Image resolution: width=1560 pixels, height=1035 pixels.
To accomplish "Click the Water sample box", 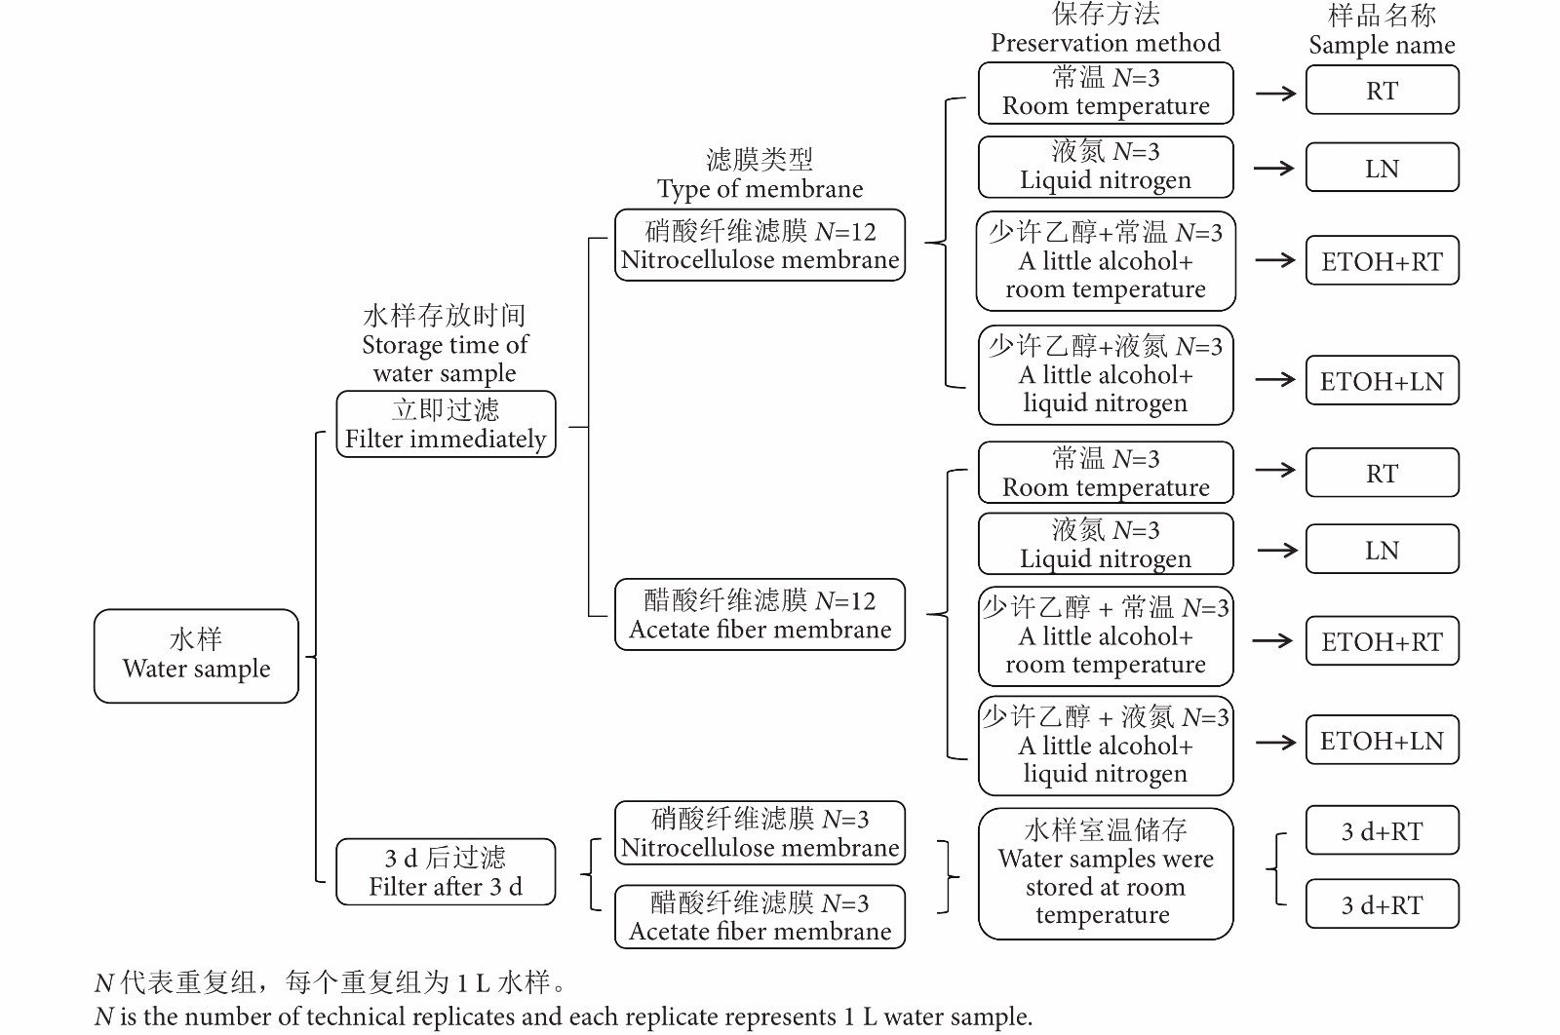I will point(196,655).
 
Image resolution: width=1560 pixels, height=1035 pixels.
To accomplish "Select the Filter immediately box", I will point(446,424).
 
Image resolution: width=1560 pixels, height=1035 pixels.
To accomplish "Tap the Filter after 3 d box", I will point(446,871).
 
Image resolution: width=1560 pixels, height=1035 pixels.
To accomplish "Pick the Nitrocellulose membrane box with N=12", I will point(760,246).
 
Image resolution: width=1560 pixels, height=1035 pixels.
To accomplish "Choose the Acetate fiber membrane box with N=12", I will point(760,615).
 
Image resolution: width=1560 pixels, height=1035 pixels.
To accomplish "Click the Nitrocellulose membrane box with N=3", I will point(760,833).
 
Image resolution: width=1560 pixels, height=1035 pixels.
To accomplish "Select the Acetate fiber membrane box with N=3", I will point(760,916).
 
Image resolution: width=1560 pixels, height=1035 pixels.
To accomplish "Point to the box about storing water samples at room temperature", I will point(1105,873).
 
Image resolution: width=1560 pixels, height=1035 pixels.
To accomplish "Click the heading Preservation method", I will point(1105,43).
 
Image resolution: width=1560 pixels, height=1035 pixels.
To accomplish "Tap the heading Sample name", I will point(1382,45).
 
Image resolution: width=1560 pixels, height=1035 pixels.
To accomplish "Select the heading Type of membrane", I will point(760,189).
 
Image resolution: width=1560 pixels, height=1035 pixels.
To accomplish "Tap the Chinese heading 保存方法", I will point(1105,15).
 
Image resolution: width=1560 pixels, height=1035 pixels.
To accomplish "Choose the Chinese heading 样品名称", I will point(1382,16).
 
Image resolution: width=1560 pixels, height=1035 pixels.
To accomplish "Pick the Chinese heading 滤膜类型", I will point(760,160).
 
